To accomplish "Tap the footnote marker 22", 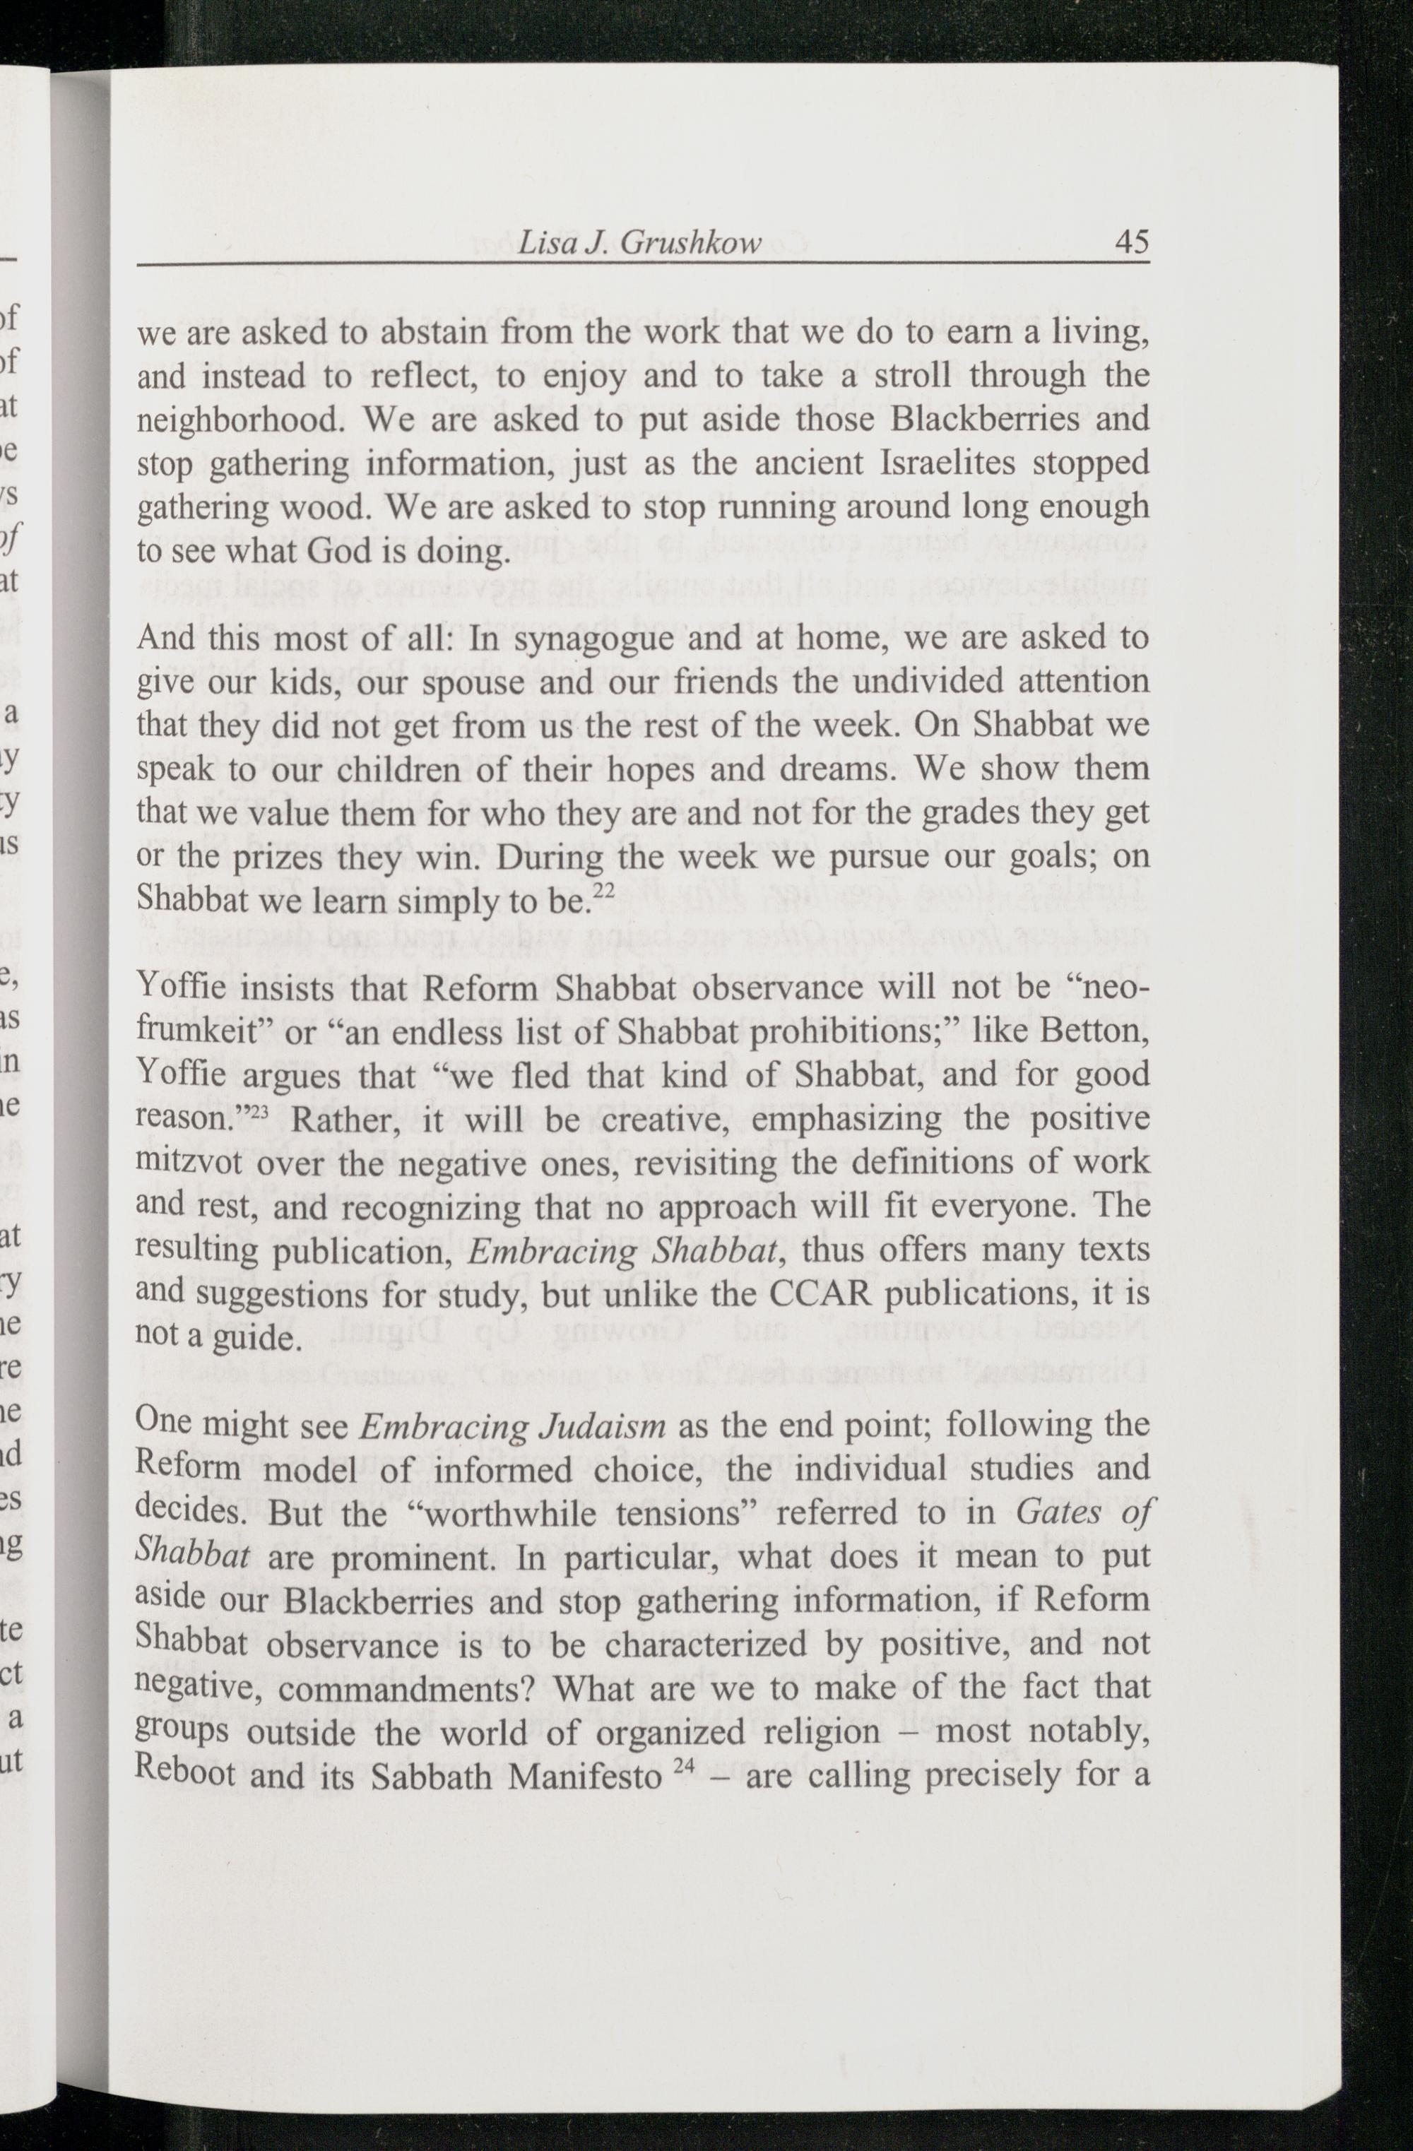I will (x=602, y=890).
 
